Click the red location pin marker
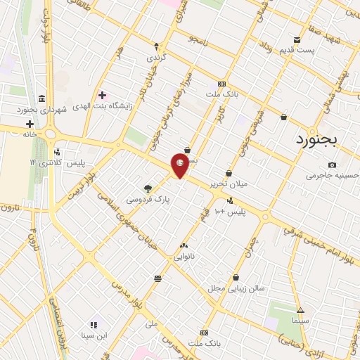point(181,165)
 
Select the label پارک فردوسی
point(148,200)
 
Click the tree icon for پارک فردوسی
point(148,188)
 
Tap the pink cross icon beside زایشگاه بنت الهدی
point(103,95)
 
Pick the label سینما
point(301,321)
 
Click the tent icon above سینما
point(301,310)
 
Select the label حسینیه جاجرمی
point(332,176)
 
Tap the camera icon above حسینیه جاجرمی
point(332,165)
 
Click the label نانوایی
point(185,257)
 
